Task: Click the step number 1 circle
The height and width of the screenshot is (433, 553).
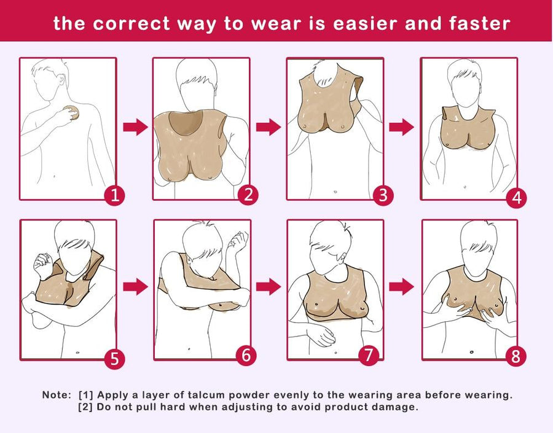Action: [115, 195]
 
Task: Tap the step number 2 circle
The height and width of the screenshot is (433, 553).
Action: [248, 195]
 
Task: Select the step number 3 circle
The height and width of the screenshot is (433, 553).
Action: [383, 195]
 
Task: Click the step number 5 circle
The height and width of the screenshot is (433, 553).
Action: [115, 359]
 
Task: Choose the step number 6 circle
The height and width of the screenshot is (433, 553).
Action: [246, 355]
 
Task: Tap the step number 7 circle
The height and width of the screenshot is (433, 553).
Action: [369, 355]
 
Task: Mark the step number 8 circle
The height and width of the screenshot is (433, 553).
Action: [516, 356]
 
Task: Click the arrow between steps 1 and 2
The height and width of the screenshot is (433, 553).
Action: [135, 127]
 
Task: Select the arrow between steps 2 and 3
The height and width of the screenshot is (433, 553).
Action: [269, 127]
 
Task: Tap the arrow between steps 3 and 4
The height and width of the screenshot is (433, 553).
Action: [401, 127]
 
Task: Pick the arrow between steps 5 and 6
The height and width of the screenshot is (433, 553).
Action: [135, 287]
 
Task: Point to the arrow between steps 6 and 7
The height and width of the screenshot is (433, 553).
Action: [269, 287]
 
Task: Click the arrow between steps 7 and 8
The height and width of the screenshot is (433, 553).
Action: [401, 287]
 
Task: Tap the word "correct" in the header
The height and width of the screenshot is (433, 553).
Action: [131, 23]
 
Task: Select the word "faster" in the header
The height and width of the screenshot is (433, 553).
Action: [480, 23]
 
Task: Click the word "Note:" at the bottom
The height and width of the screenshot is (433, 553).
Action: [57, 394]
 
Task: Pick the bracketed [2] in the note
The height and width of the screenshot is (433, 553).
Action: [85, 407]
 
